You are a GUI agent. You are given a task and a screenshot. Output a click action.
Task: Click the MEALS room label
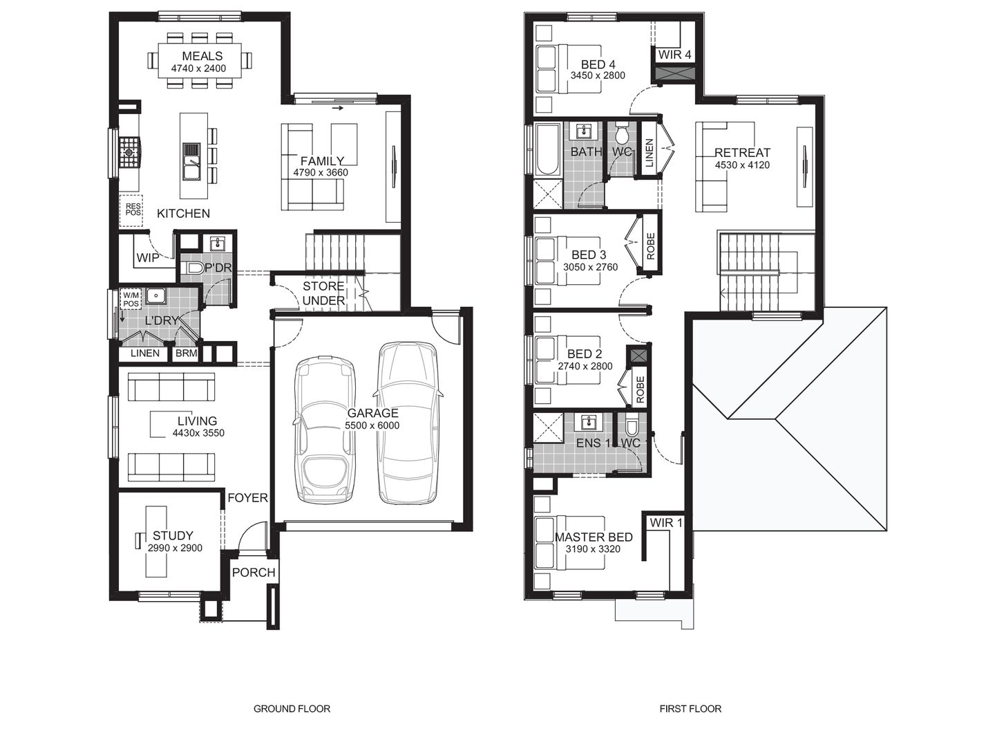(x=202, y=56)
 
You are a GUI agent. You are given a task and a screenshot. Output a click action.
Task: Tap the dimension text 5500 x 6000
(x=372, y=425)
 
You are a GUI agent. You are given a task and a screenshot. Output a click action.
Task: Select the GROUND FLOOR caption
(x=292, y=708)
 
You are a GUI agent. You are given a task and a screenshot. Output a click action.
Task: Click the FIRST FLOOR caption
(x=690, y=708)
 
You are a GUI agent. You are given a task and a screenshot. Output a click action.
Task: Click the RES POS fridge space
(x=132, y=210)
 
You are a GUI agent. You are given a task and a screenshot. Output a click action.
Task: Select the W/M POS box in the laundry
(x=131, y=299)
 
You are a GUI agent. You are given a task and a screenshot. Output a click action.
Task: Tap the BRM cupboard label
(x=186, y=353)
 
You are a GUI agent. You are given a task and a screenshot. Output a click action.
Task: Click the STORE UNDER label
(x=323, y=293)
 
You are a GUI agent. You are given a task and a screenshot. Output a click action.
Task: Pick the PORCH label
(x=254, y=573)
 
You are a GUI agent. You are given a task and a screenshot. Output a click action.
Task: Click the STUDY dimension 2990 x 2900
(x=175, y=548)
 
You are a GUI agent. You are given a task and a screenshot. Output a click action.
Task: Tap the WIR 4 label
(x=674, y=55)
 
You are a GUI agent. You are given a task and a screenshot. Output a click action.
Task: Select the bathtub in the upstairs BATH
(x=547, y=149)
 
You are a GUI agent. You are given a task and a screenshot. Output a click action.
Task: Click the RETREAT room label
(x=742, y=153)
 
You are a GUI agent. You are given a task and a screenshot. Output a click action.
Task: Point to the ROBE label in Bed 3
(x=650, y=246)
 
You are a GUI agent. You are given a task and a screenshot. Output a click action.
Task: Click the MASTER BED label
(x=594, y=537)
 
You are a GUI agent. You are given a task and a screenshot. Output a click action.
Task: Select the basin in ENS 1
(x=589, y=422)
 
